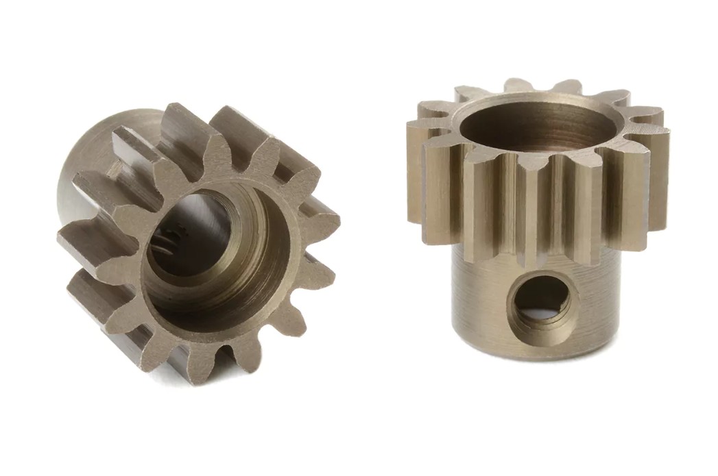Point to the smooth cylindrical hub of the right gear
click(x=480, y=301)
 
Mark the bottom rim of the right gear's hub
click(x=535, y=353)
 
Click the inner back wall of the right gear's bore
click(x=542, y=113)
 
